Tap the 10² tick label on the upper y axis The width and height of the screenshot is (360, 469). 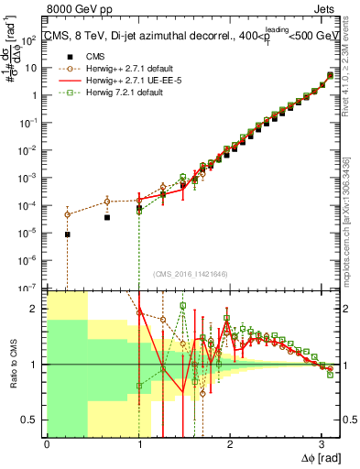coord(31,39)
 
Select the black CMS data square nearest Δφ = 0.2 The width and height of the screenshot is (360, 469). coord(67,234)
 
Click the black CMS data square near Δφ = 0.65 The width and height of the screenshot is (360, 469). coord(107,218)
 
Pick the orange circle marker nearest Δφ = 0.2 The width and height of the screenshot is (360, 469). coord(67,214)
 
